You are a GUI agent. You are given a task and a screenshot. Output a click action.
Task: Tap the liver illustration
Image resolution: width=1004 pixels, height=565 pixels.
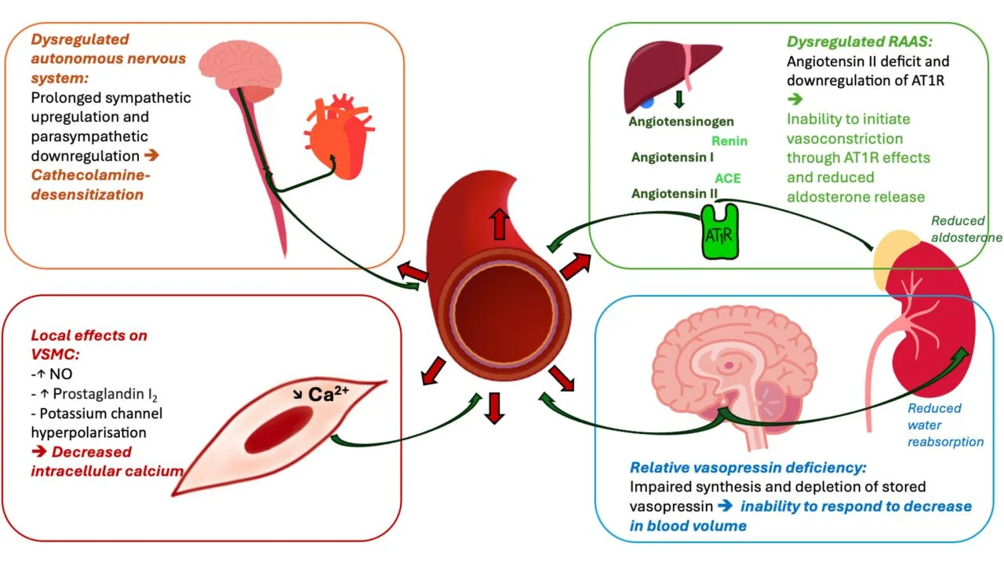point(668,75)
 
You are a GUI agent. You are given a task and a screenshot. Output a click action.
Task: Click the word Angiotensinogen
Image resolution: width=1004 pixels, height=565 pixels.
point(681,122)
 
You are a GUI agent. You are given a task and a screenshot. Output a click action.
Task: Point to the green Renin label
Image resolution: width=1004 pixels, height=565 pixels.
point(729,141)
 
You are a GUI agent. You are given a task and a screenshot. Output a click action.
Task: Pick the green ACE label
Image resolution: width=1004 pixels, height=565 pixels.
point(727,178)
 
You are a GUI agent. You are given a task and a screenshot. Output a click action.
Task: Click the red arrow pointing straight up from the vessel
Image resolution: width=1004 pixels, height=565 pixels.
point(498,224)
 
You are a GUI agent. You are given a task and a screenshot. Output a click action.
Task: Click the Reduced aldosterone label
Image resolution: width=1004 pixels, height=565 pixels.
point(966,229)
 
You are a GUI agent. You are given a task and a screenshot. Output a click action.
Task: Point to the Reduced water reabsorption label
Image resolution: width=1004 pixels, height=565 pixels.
point(944,425)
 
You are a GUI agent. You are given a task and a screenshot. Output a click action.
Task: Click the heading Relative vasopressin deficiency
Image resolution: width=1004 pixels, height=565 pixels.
point(748,468)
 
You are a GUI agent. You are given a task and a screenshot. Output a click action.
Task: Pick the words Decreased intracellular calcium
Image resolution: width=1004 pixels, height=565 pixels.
point(107,461)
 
